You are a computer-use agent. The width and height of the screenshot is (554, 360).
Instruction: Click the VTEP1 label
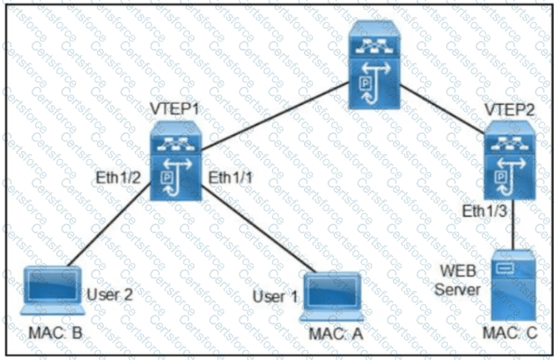pos(175,109)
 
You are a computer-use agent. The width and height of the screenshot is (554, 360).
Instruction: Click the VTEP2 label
pos(509,110)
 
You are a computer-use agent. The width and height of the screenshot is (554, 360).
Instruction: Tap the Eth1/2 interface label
pos(118,178)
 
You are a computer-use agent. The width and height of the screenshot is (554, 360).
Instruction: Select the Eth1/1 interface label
pos(230,178)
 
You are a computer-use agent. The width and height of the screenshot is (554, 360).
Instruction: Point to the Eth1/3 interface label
pos(485,211)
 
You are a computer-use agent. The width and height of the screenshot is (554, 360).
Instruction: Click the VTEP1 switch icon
pos(176,161)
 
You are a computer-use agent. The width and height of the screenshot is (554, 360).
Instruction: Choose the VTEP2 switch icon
pos(509,161)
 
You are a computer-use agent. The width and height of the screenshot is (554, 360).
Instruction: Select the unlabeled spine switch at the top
pos(374,64)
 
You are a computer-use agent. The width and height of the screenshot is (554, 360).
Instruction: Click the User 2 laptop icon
pos(53,290)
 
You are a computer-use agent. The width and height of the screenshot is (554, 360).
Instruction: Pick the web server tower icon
pos(514,285)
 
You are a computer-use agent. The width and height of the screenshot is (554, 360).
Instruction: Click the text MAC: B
pos(55,332)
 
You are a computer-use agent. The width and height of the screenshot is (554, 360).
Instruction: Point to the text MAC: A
pos(336,334)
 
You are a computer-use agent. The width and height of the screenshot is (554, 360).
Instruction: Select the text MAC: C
pos(510,332)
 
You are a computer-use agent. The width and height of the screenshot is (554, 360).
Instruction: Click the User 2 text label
pos(110,294)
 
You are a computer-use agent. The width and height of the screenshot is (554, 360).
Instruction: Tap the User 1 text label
pos(275,296)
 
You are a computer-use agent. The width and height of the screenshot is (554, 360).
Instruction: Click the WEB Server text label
pos(457,280)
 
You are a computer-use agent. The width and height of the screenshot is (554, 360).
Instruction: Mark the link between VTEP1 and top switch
pos(275,116)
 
